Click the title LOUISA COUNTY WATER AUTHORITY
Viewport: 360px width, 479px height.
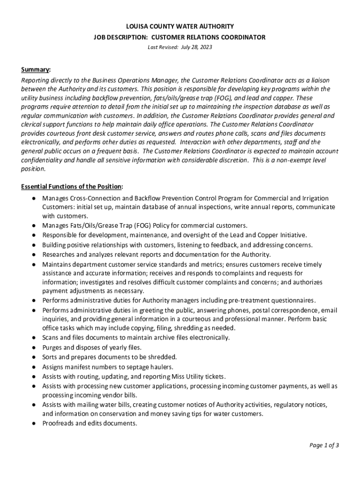[x=180, y=27]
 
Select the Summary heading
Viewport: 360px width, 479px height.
[x=36, y=70]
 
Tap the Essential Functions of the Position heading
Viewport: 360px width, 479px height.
[x=72, y=187]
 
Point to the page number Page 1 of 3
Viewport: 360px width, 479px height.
[x=324, y=445]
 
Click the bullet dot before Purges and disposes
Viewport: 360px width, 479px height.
[x=35, y=348]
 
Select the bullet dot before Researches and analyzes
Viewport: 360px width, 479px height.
[x=35, y=254]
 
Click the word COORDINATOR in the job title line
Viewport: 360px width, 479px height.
[x=239, y=37]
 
